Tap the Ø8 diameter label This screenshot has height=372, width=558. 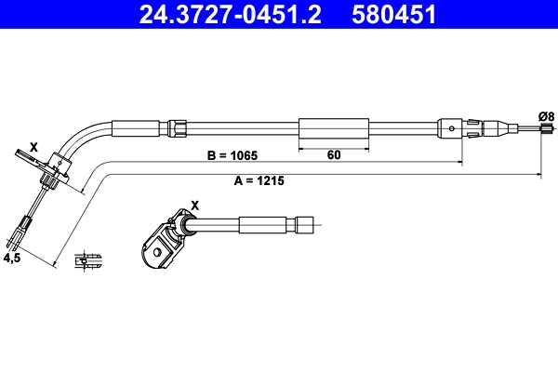(547, 115)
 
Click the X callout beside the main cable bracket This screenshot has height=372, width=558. (34, 147)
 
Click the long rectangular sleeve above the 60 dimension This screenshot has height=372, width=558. (334, 127)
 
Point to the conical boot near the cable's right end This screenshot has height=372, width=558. (475, 127)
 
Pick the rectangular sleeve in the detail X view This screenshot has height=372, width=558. (264, 224)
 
